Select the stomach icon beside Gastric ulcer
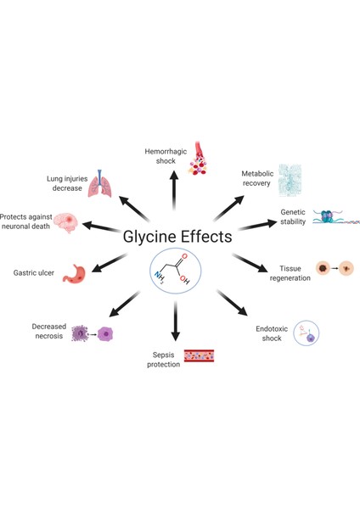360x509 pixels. click(x=75, y=273)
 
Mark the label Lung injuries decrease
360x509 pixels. click(x=65, y=183)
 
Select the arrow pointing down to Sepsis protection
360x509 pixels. click(x=176, y=322)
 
